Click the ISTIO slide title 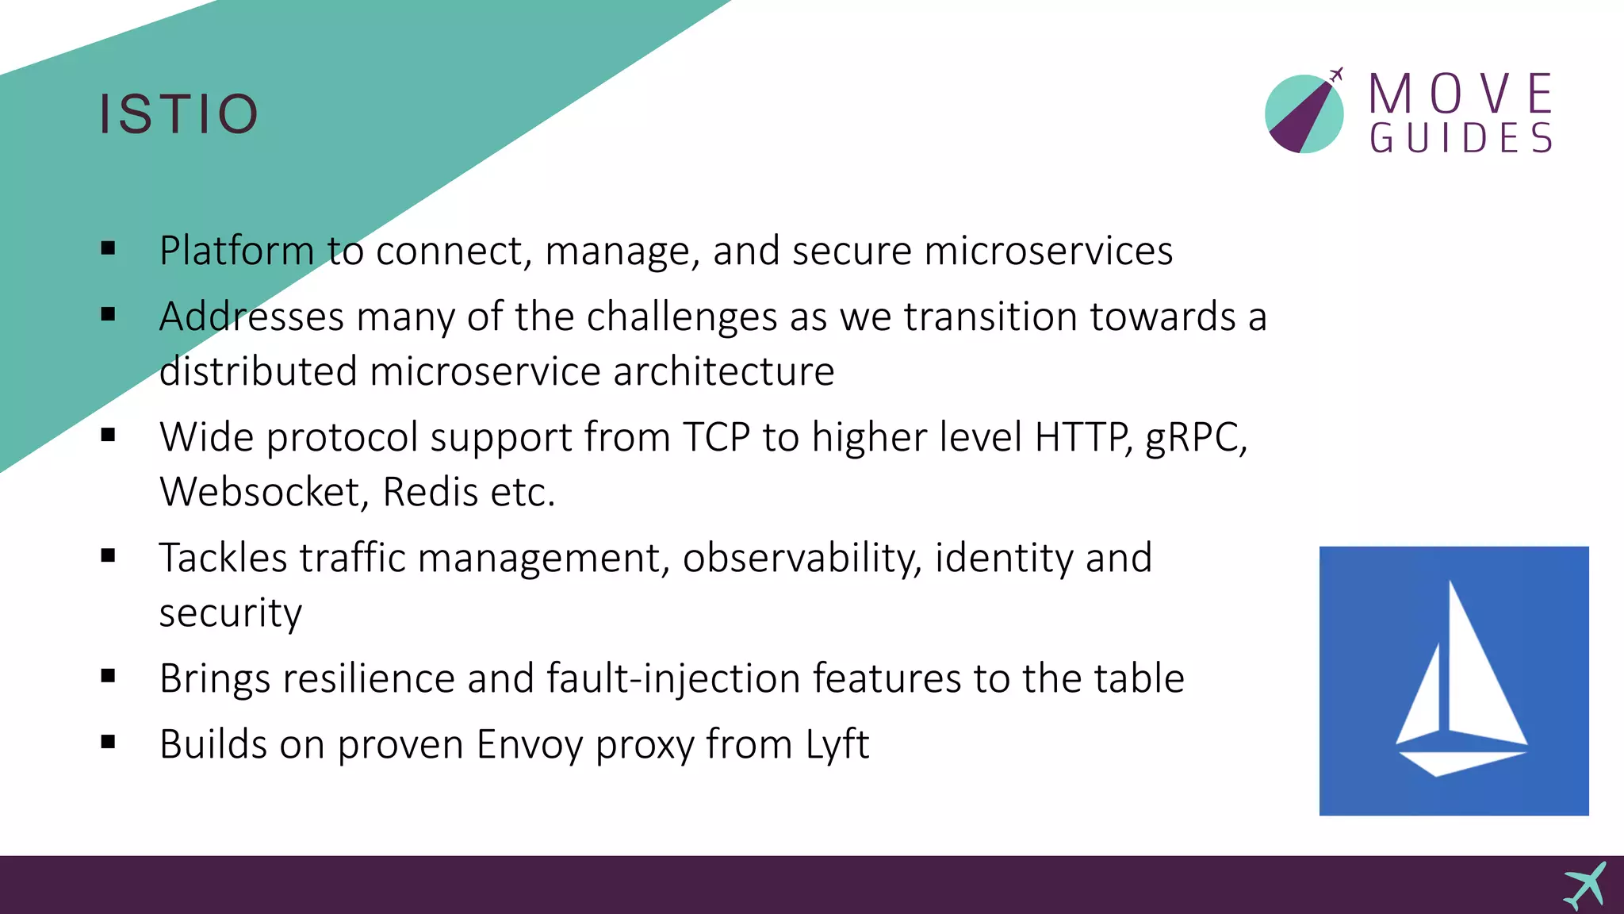click(x=179, y=113)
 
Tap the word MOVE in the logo click(x=1461, y=94)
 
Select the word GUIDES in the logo click(x=1461, y=138)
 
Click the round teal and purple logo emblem click(x=1304, y=113)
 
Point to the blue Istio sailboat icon click(x=1454, y=681)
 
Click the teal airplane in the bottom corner click(x=1585, y=885)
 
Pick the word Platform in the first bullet click(x=236, y=251)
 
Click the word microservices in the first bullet click(x=1048, y=251)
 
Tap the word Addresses click(x=251, y=317)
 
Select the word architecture click(x=723, y=371)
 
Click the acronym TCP click(x=716, y=437)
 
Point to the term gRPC click(x=1195, y=437)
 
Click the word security click(x=231, y=613)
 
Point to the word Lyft click(x=837, y=744)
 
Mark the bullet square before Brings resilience click(x=109, y=676)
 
